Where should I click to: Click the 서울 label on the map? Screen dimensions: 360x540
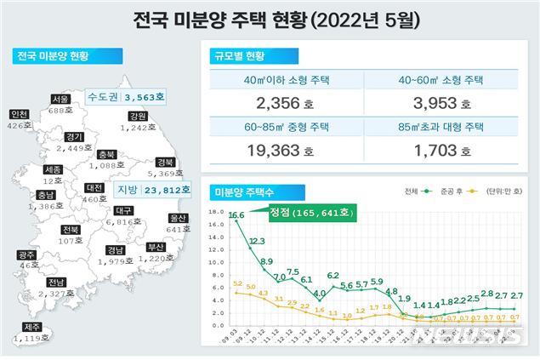[x=60, y=99]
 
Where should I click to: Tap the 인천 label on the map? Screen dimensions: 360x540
[x=18, y=114]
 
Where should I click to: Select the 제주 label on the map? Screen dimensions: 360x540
[x=31, y=326]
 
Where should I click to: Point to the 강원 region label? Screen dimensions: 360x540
[x=139, y=115]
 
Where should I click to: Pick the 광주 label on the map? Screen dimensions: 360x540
[x=27, y=254]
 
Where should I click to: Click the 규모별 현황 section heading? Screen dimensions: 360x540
[x=237, y=57]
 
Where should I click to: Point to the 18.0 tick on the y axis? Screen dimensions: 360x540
[x=216, y=213]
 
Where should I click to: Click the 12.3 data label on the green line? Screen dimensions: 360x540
[x=258, y=242]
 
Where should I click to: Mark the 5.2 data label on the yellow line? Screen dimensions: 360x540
[x=237, y=283]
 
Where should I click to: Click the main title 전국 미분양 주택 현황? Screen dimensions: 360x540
[x=270, y=18]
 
